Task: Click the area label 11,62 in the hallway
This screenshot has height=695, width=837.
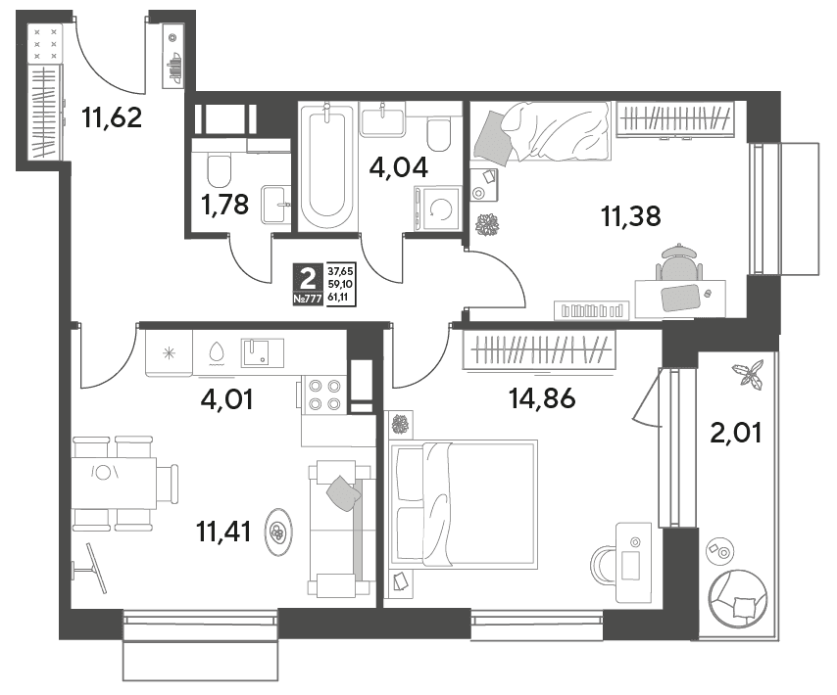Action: [112, 117]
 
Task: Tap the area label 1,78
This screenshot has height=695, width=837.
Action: [225, 205]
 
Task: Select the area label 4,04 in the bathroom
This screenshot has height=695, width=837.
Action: [399, 167]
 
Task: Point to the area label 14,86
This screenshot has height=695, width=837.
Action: [542, 397]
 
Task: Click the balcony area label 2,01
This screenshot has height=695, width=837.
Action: [736, 433]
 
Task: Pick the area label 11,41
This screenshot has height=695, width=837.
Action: [224, 532]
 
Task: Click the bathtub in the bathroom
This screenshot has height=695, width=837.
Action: [326, 166]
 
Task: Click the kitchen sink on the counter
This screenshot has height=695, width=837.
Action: [262, 352]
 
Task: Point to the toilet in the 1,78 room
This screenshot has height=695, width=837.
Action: [219, 169]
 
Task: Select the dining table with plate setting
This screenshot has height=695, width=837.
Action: [115, 483]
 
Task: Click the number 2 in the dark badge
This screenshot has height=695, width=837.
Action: [308, 279]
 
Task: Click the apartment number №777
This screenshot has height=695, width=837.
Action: [308, 299]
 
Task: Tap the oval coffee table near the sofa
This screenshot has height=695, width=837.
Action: [279, 531]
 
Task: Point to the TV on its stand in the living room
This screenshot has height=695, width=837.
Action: [92, 568]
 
